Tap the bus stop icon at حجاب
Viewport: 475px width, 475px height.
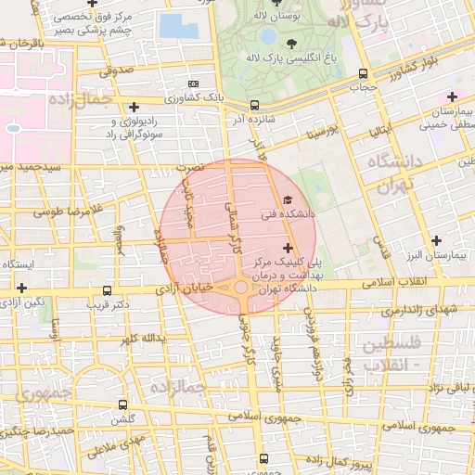[362, 74]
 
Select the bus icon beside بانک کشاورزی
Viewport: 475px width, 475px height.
[254, 106]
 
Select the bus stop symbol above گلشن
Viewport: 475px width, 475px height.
[122, 405]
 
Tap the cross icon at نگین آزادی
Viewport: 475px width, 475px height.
[21, 289]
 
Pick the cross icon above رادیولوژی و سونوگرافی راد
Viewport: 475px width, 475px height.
[135, 108]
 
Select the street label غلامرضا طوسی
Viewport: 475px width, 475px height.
[67, 212]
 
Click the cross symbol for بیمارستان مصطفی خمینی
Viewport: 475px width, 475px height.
[452, 96]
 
